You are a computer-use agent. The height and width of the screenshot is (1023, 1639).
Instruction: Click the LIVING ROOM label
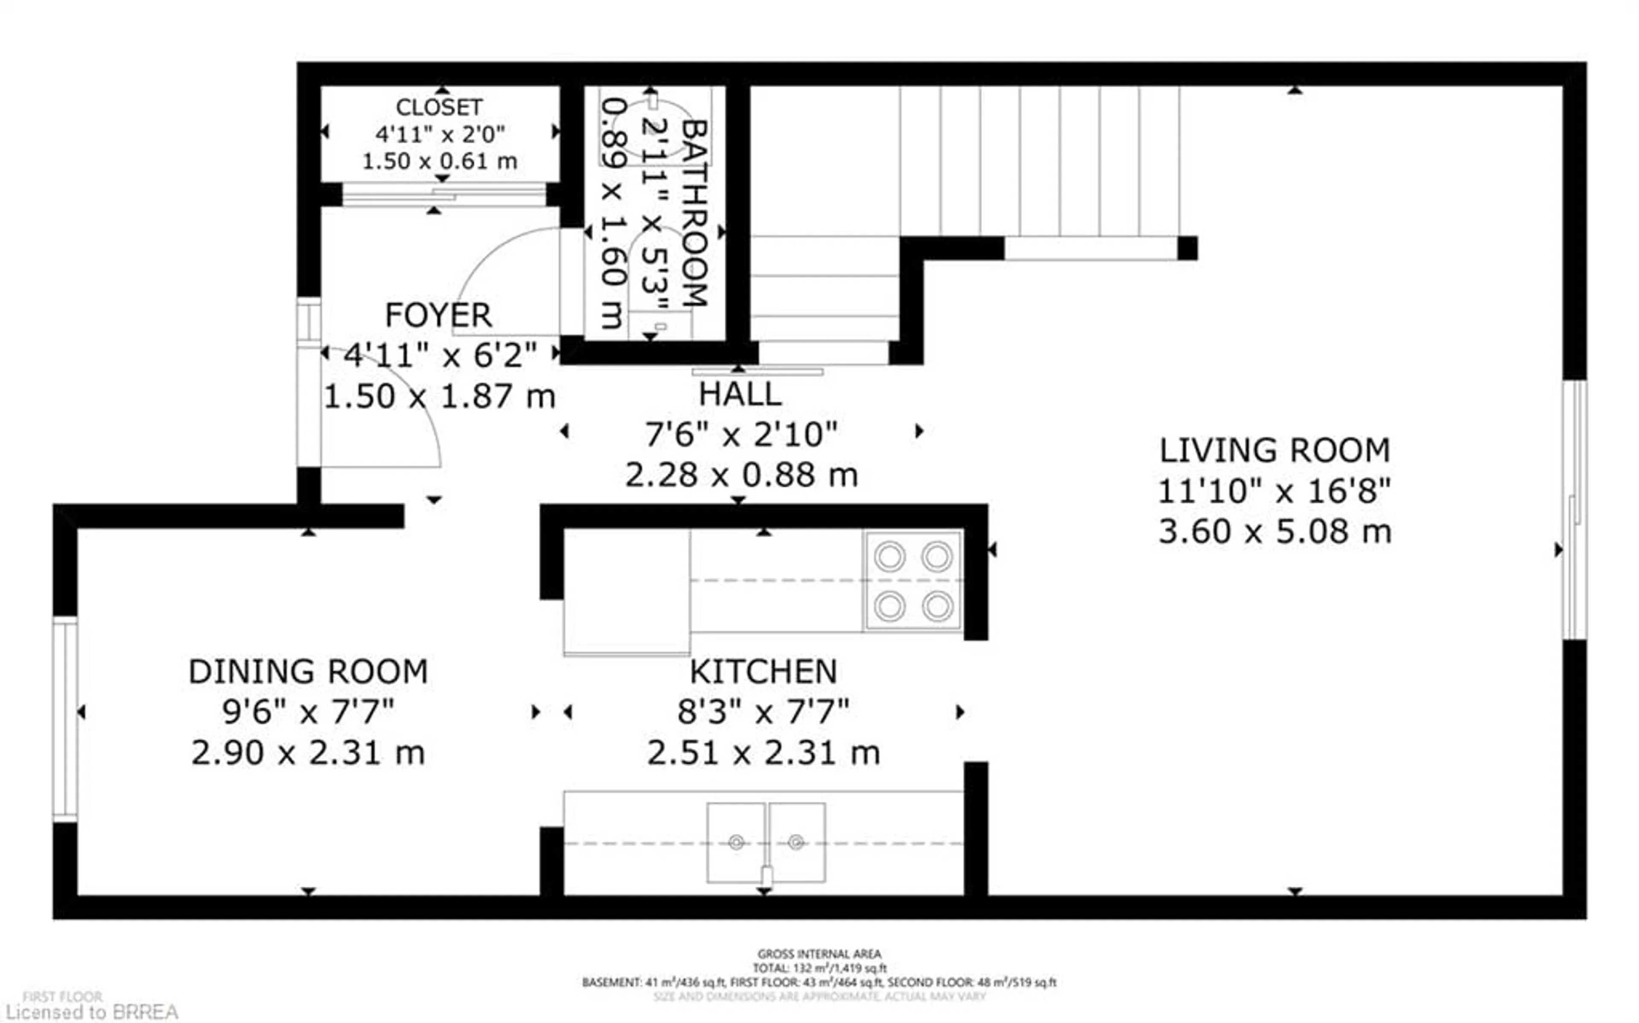point(1274,450)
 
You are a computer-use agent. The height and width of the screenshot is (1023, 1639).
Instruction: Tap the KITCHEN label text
point(764,672)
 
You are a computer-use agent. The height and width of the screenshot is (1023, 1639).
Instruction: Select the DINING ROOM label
point(308,672)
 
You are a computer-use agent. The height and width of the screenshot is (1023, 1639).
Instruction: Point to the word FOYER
point(438,315)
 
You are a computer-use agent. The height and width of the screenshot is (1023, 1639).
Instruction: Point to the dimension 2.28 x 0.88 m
point(741,475)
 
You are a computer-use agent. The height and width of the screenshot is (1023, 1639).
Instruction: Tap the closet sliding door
point(443,195)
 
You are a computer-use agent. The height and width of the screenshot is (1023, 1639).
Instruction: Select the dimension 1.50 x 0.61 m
point(440,161)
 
